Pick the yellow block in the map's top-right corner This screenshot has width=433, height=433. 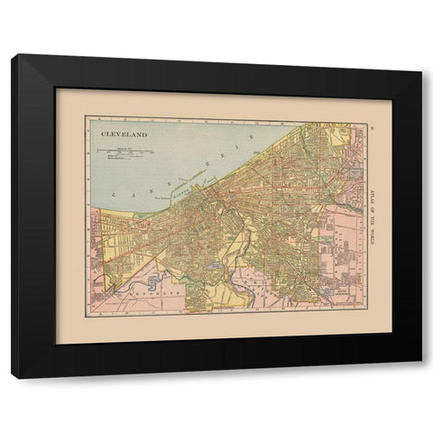point(341,135)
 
